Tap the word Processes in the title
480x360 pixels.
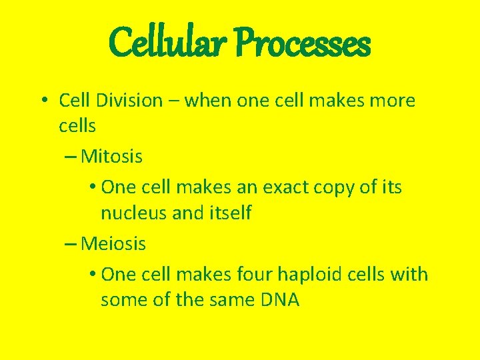click(304, 43)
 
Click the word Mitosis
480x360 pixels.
click(111, 157)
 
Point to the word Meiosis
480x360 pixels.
click(113, 244)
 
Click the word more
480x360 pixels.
click(393, 101)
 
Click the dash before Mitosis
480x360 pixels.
click(71, 157)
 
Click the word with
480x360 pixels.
click(411, 274)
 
